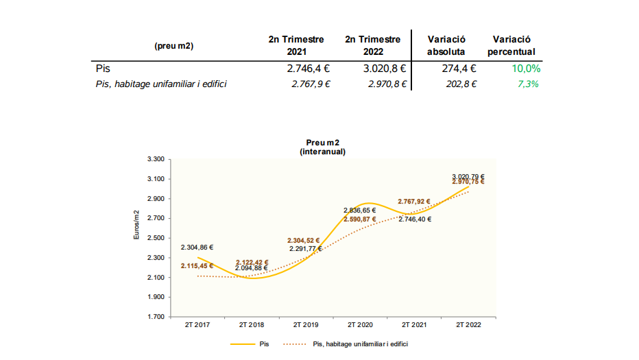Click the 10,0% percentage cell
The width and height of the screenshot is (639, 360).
[x=526, y=69]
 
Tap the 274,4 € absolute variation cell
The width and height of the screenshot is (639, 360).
[x=459, y=69]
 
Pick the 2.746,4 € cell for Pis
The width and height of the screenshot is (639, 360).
[x=309, y=69]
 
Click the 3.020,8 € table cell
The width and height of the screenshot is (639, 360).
[x=385, y=69]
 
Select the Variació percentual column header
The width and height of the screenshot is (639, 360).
[x=513, y=45]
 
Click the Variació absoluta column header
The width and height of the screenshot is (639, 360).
[x=446, y=45]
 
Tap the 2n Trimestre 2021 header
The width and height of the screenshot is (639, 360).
[x=296, y=45]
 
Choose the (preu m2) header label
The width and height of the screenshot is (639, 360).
[x=174, y=46]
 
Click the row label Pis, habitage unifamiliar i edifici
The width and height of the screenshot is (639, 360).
[x=161, y=84]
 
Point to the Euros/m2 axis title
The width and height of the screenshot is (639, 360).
[x=136, y=224]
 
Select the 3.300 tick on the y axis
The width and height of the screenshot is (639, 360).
[x=155, y=159]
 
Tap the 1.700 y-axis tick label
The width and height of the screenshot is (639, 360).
[x=155, y=317]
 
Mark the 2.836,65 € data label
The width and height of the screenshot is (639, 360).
[x=360, y=211]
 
